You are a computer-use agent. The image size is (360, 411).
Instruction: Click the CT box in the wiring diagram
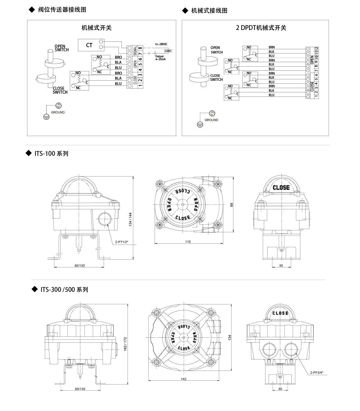point(89,45)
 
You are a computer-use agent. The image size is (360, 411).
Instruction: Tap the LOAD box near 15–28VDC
point(168,51)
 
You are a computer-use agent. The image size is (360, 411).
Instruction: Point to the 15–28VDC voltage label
point(161,44)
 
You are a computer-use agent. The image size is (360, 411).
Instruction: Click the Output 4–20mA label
point(160,58)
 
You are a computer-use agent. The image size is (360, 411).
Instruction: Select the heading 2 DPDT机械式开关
point(261,28)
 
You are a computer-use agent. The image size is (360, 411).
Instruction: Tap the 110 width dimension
point(188,242)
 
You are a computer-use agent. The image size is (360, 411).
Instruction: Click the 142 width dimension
point(183,379)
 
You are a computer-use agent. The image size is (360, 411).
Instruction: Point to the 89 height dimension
point(232,205)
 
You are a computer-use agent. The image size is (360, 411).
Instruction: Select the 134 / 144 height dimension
point(130,220)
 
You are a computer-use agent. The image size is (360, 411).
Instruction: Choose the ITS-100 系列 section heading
point(51,154)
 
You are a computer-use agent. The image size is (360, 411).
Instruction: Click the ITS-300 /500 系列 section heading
point(64,290)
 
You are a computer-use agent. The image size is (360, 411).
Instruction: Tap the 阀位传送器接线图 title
point(62,10)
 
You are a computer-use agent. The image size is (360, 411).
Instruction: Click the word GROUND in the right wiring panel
point(211,120)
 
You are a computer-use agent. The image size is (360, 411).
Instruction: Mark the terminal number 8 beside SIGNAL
point(140,48)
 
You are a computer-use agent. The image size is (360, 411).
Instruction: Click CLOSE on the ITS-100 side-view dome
point(281,188)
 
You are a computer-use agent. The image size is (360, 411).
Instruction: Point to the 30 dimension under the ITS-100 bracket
point(281,265)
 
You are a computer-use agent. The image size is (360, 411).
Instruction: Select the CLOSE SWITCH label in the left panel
point(60,90)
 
